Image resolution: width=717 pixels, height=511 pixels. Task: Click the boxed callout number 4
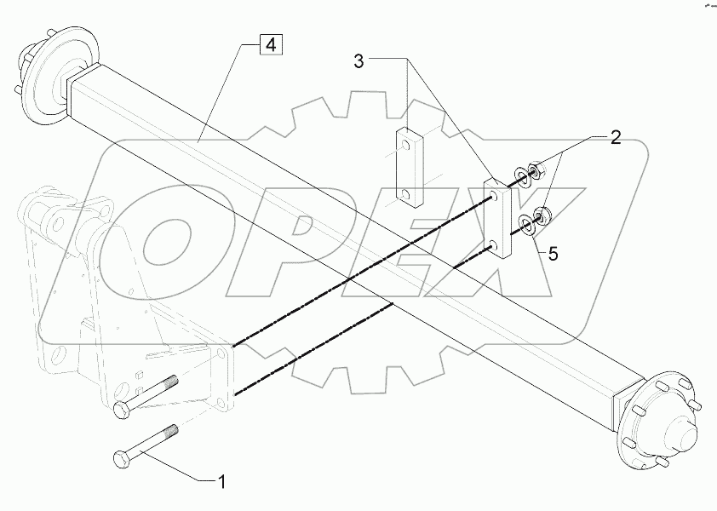click(x=269, y=45)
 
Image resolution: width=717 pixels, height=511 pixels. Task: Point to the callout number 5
click(x=553, y=252)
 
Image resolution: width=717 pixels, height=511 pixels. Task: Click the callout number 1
click(x=222, y=481)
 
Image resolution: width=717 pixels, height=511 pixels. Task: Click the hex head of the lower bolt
click(x=120, y=460)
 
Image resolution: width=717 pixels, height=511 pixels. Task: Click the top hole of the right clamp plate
click(x=493, y=197)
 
